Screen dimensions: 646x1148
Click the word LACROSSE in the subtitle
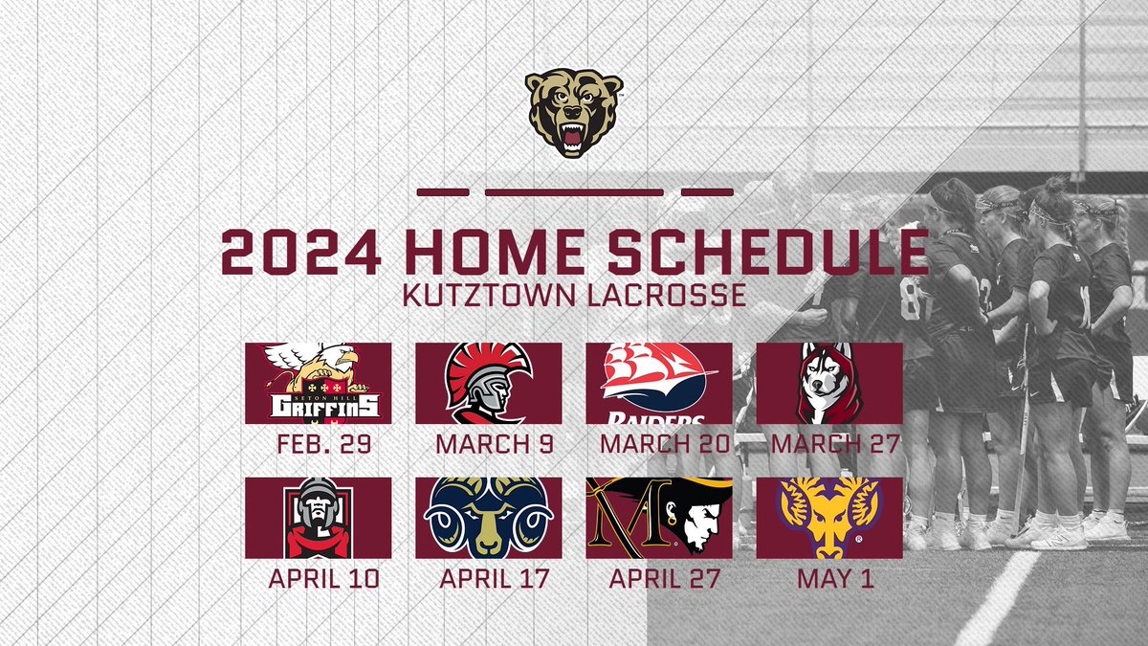668,294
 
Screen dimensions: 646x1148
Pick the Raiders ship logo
658,383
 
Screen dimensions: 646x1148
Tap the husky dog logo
828,383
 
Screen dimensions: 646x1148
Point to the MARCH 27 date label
828,444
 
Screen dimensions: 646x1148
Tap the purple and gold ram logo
828,518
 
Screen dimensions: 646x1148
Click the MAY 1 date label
828,579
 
